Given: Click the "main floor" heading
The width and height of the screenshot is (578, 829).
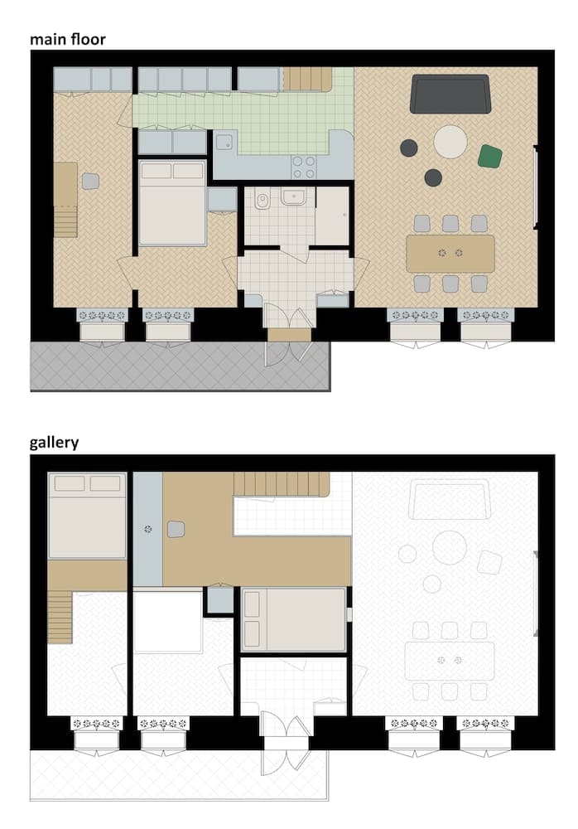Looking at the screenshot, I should (x=68, y=38).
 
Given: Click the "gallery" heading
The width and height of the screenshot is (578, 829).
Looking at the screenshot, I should (x=55, y=442).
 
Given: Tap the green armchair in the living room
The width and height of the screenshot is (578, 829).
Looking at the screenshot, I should (x=490, y=156).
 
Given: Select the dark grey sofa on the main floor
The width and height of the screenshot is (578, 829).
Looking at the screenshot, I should (x=450, y=94).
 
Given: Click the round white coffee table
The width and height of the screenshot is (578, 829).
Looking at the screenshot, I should (x=450, y=141).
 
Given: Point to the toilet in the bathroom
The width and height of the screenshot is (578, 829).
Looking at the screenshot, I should (x=262, y=200).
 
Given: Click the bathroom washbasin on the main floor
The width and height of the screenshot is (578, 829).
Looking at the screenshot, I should (x=293, y=197).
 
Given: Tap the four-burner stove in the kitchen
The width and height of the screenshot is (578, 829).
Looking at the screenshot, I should (x=304, y=167).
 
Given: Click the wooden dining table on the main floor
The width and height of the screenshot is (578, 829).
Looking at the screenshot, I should (x=450, y=253).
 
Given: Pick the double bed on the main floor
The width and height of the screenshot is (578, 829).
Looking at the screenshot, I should (x=172, y=203).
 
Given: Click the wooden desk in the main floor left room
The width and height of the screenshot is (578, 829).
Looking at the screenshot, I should (x=65, y=184).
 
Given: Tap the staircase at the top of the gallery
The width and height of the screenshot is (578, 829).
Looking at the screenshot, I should (x=282, y=482).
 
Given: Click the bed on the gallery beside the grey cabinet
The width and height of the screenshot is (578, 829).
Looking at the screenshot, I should (x=293, y=619).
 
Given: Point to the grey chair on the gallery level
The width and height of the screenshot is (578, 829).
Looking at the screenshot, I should (x=176, y=529).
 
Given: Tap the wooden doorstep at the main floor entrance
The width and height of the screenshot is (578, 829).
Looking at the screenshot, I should (x=289, y=334).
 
